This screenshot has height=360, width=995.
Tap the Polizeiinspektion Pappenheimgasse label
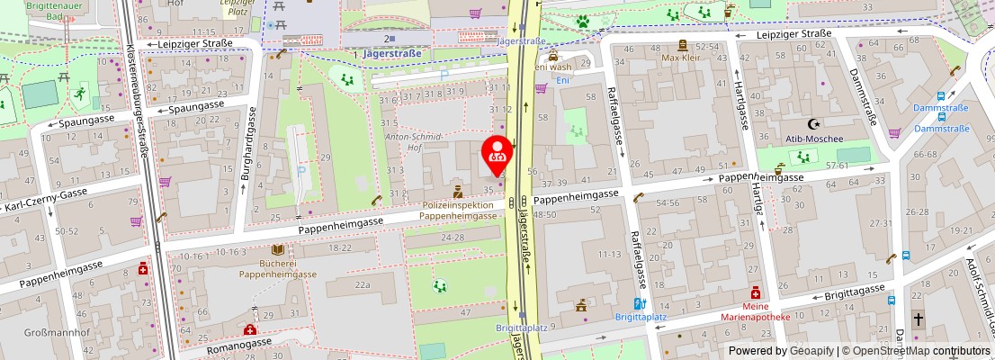[459, 211]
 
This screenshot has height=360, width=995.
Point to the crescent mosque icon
[816, 123]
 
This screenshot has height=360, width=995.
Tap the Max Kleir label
[682, 58]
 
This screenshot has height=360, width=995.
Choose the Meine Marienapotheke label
[756, 310]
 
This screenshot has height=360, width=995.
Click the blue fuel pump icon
[639, 304]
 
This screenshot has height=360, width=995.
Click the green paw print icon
[584, 19]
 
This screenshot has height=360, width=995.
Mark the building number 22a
[362, 284]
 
